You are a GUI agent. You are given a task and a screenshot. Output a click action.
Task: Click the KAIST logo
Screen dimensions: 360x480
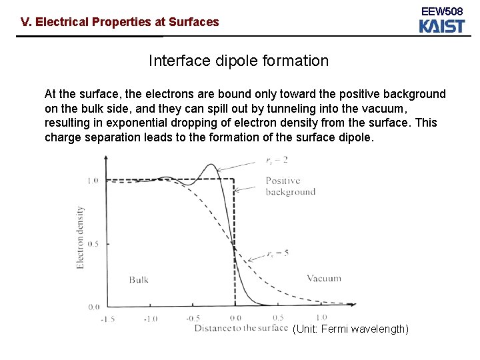[441, 26]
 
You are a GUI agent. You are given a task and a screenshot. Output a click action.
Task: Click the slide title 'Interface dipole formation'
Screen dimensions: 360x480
[239, 61]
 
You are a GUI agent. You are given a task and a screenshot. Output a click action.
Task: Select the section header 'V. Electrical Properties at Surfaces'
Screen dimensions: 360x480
[120, 22]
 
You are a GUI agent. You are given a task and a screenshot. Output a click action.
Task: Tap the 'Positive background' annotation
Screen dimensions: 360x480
[290, 186]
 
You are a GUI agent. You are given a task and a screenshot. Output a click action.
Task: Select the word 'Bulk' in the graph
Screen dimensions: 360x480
[139, 279]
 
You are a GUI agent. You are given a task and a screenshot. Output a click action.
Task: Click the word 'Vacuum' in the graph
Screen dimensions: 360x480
[324, 278]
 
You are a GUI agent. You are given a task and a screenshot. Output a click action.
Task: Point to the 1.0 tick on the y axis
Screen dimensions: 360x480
[93, 180]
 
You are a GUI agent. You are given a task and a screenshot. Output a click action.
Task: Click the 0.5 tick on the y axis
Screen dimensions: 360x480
[93, 244]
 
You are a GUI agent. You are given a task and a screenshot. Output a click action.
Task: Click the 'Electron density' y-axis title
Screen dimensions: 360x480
[81, 237]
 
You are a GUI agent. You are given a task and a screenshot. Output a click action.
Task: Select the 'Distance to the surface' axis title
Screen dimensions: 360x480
[241, 328]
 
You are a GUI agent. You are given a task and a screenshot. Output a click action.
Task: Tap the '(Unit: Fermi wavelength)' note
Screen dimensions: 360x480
[350, 329]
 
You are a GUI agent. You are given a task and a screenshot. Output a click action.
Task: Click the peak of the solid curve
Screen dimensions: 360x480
[212, 165]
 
